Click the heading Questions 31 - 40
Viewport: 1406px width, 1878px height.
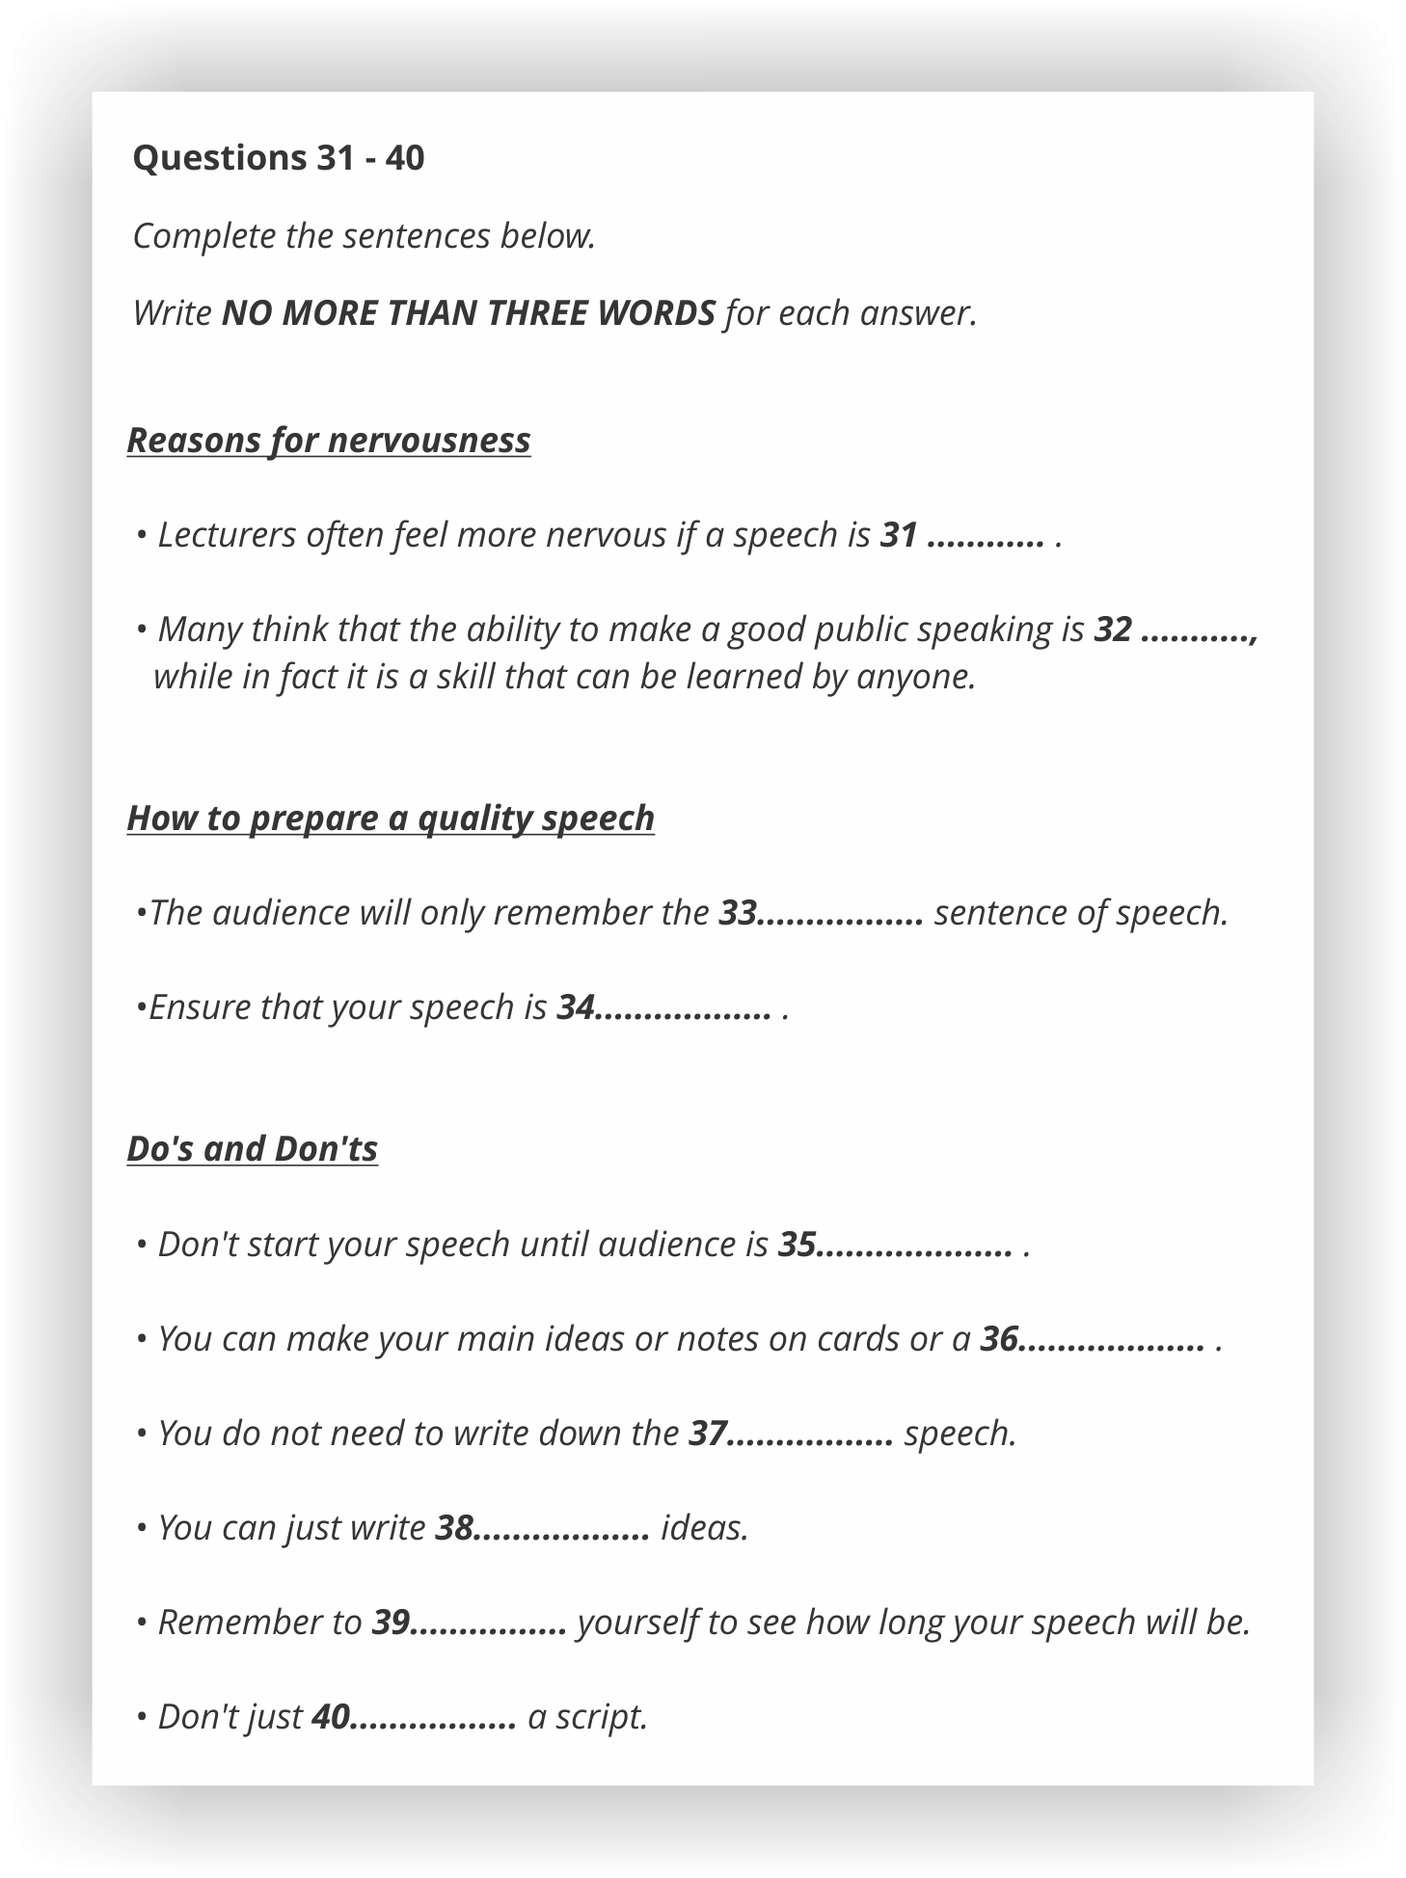pos(278,157)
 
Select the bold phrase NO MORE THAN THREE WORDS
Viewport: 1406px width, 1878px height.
pos(469,313)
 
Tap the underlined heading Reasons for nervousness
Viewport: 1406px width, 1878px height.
pos(329,440)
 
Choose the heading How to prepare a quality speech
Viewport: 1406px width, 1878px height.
pos(391,818)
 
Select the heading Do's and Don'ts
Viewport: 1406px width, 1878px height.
pos(252,1148)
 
